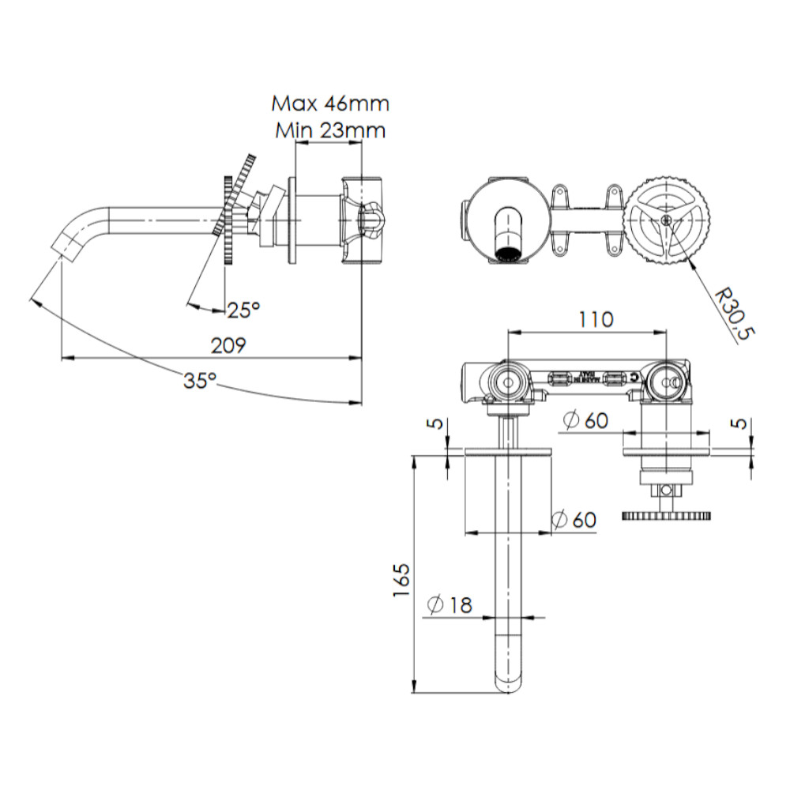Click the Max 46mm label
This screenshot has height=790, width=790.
click(330, 103)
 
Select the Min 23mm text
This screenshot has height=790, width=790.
click(330, 130)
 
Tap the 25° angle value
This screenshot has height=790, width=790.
click(243, 310)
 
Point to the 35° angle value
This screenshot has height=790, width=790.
click(200, 381)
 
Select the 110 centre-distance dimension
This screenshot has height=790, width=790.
click(595, 319)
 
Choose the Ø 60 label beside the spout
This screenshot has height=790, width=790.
click(574, 520)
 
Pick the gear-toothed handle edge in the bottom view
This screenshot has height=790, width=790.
click(665, 517)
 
